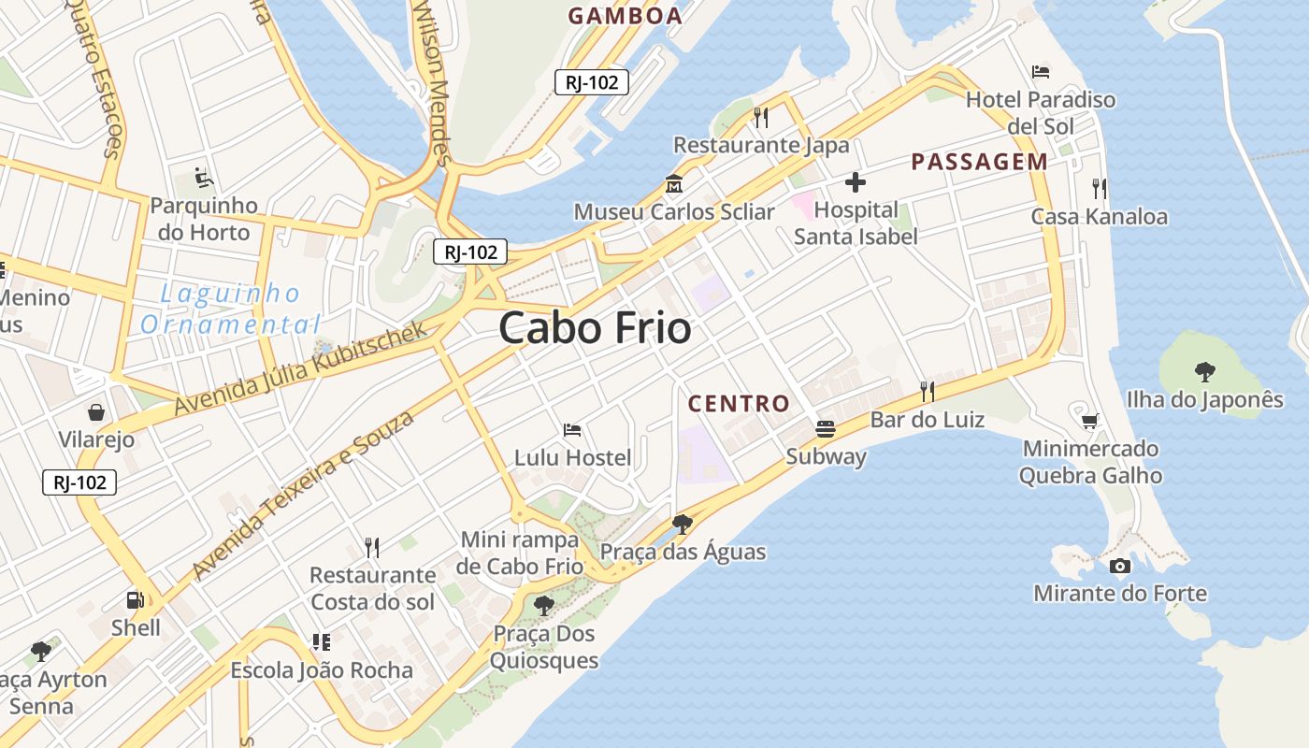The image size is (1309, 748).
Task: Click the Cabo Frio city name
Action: point(595,328)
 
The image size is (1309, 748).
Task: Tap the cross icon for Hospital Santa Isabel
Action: point(855,182)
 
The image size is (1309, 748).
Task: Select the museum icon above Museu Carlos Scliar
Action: point(673,183)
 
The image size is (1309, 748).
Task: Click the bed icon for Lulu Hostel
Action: point(572,430)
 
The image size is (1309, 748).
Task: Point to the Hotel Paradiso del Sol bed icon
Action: point(1041,71)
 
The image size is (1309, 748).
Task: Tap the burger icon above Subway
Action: point(825,429)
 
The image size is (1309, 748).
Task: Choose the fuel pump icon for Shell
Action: point(136,600)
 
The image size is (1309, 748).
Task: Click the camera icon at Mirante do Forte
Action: point(1119,566)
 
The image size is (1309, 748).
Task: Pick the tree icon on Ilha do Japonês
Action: point(1204,372)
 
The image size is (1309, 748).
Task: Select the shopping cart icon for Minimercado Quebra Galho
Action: point(1089,421)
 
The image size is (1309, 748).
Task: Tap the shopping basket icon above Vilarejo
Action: point(96,412)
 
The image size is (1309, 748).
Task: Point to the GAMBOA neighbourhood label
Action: point(626,16)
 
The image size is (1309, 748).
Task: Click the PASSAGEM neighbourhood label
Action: point(979,162)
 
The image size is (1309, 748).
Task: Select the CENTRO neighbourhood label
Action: point(739,404)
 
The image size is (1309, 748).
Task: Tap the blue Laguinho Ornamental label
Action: point(230,309)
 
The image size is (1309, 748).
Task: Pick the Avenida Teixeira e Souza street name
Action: point(303,495)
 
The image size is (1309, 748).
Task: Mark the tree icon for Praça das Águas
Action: point(683,524)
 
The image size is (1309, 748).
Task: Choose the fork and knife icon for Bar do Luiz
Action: point(927,391)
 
